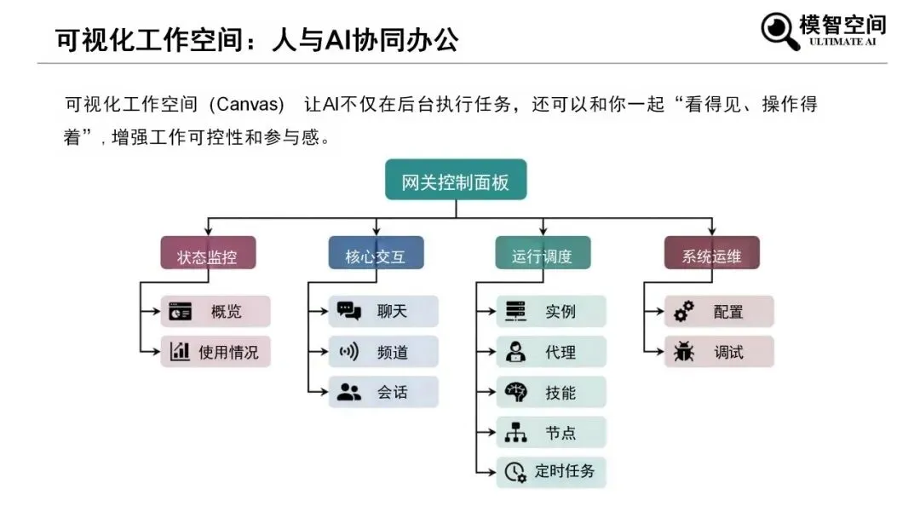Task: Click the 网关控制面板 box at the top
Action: coord(456,181)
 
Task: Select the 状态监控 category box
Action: coord(208,254)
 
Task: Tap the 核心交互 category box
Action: coord(376,254)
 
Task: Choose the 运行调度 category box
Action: coord(543,254)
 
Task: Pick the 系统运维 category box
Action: coord(711,254)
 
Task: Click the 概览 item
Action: coord(216,312)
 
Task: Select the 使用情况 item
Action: coord(216,351)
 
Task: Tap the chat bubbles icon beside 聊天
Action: coord(349,311)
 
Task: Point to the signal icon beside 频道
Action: coord(349,351)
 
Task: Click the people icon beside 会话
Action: coord(349,392)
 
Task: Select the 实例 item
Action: coord(551,312)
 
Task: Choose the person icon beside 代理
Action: coord(515,351)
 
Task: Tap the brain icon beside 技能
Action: coord(515,392)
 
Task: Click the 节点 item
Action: coord(551,432)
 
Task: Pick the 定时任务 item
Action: coord(551,471)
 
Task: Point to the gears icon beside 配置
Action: coord(683,312)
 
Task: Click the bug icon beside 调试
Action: coord(683,351)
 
